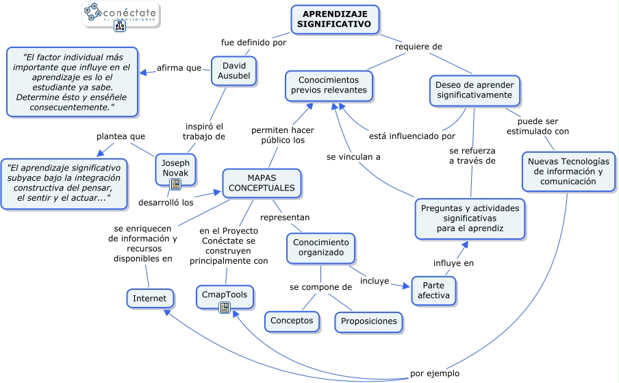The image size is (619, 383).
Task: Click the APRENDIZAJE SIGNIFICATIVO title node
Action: (335, 19)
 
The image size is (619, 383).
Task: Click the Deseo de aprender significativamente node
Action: (475, 90)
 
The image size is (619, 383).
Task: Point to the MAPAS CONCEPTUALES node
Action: (262, 183)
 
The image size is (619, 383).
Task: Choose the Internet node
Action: (149, 299)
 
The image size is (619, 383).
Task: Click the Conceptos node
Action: (292, 320)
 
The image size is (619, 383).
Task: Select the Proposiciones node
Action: (368, 321)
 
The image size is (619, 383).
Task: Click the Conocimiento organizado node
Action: (320, 247)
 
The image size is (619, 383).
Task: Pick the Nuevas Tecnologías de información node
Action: (568, 171)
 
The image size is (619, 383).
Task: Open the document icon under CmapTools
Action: (225, 308)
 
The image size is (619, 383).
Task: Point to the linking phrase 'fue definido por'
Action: (253, 42)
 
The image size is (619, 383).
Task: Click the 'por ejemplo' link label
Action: (435, 373)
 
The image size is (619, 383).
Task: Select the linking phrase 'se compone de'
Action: (320, 287)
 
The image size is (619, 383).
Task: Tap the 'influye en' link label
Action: (453, 263)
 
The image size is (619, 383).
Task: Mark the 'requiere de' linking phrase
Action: (419, 47)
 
